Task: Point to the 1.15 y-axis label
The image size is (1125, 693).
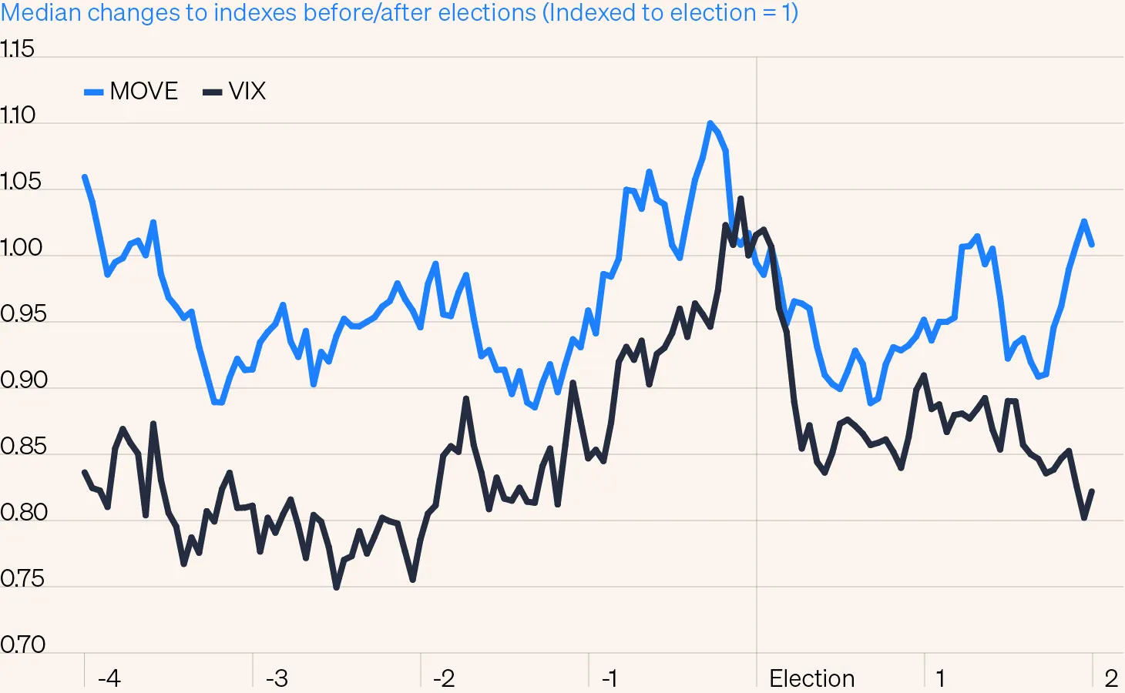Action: (18, 49)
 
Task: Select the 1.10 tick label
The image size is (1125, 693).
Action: (18, 115)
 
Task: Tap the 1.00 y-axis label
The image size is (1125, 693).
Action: (21, 248)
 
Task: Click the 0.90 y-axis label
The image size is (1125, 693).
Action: (23, 380)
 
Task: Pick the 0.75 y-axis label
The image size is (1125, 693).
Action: (22, 579)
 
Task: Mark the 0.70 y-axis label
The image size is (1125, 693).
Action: (22, 644)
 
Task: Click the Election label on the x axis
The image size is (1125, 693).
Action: (811, 678)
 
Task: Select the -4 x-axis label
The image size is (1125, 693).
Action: (109, 678)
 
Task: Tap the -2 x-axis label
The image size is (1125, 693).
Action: (444, 678)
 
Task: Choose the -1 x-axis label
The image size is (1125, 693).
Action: (610, 678)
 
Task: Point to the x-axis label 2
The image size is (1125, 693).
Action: (1110, 678)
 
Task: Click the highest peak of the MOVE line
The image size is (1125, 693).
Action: (710, 123)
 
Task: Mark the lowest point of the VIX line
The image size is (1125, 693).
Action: (337, 588)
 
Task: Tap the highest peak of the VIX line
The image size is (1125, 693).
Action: (740, 199)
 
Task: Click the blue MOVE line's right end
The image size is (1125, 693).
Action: (1092, 245)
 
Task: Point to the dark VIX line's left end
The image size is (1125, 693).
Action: (85, 472)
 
